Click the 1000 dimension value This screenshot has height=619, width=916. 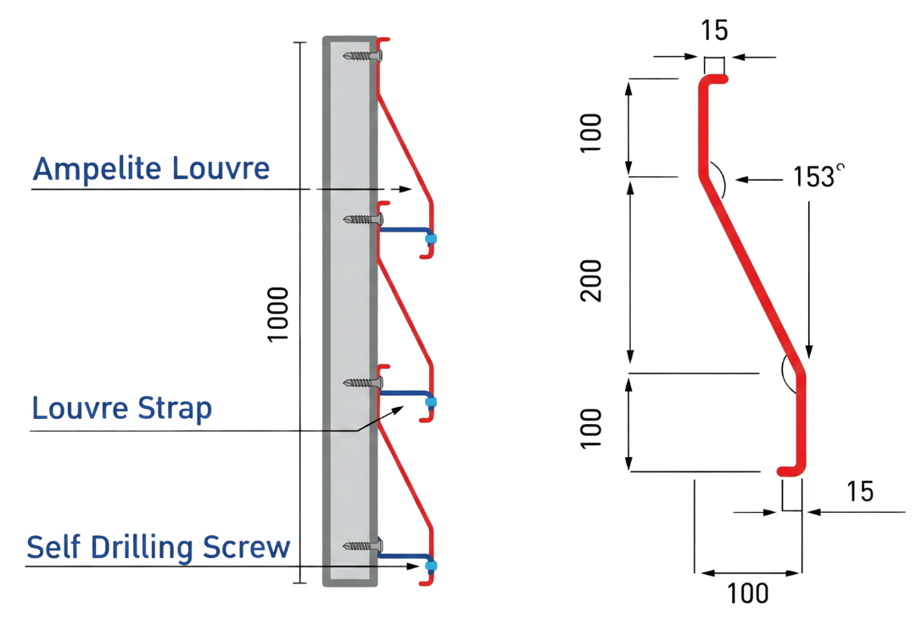click(x=279, y=314)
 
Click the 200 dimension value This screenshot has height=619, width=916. click(x=595, y=279)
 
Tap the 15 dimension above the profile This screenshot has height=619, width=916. click(x=714, y=32)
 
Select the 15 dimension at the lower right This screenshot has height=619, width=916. click(x=858, y=492)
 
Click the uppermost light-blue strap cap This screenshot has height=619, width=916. click(x=430, y=239)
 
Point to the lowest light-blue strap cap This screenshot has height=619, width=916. click(x=430, y=565)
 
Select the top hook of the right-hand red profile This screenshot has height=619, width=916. click(x=714, y=79)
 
